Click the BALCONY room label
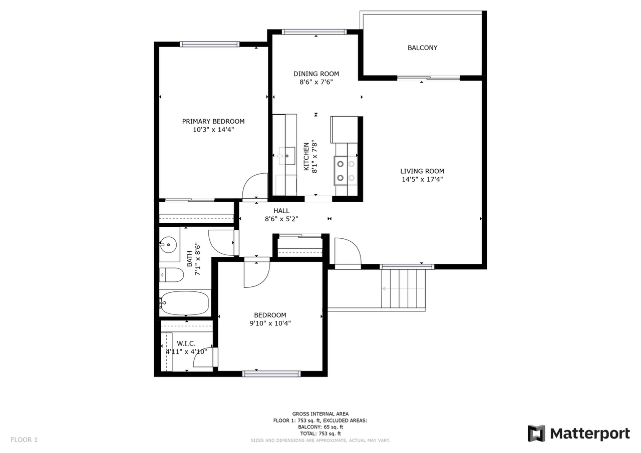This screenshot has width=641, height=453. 422,48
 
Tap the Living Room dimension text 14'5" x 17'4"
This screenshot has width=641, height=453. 422,179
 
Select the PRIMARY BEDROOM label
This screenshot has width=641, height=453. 213,121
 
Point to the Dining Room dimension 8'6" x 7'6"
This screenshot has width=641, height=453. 316,82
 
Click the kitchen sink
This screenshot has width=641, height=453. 286,156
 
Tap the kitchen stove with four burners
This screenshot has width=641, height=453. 346,171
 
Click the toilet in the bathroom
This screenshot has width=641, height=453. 171,275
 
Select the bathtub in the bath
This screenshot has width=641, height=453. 185,303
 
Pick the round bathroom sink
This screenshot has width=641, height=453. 168,245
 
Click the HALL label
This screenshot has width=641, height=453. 281,211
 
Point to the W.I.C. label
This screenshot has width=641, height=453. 186,343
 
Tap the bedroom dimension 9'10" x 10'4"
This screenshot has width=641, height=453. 270,323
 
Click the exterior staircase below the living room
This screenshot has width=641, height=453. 404,289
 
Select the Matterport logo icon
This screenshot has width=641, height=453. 536,433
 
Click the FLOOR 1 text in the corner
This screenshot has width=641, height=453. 24,440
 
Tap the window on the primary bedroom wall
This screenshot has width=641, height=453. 209,44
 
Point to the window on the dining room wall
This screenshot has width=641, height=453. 314,32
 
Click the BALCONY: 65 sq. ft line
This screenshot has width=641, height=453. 320,427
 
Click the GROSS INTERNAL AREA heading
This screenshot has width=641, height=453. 320,414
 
